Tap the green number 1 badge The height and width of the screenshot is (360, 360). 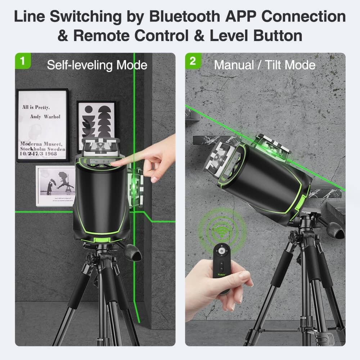[x=23, y=61]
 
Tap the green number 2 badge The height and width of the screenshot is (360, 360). [x=193, y=61]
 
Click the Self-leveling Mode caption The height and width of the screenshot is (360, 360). [x=97, y=65]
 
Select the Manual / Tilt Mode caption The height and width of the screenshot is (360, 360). [x=265, y=65]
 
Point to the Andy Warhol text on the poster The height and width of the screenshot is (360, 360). [x=45, y=117]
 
